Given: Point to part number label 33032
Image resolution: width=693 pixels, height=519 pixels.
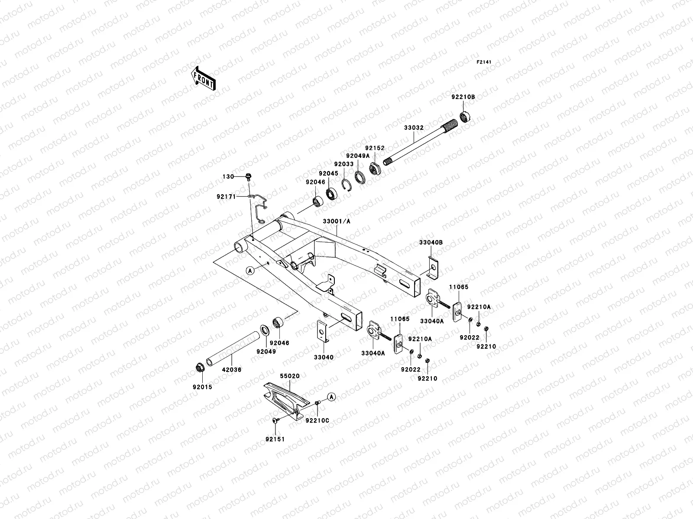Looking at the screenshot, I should click(x=414, y=128).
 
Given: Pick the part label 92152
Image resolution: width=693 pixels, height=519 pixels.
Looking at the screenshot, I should click(x=374, y=148).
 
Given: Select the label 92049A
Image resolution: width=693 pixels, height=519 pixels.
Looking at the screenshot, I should click(x=357, y=156).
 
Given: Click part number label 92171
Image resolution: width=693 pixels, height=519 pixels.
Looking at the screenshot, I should click(x=226, y=196).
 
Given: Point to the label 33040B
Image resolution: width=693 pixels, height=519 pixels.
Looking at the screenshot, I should click(x=431, y=243).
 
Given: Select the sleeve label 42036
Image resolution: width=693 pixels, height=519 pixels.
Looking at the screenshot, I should click(x=231, y=370).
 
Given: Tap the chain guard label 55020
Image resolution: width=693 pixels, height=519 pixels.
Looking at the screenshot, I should click(x=289, y=377).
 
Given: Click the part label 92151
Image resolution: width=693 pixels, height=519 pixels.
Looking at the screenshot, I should click(x=275, y=439).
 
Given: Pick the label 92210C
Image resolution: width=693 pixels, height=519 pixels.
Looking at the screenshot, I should click(x=317, y=420).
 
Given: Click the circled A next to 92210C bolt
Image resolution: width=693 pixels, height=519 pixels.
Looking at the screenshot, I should click(x=331, y=397).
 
